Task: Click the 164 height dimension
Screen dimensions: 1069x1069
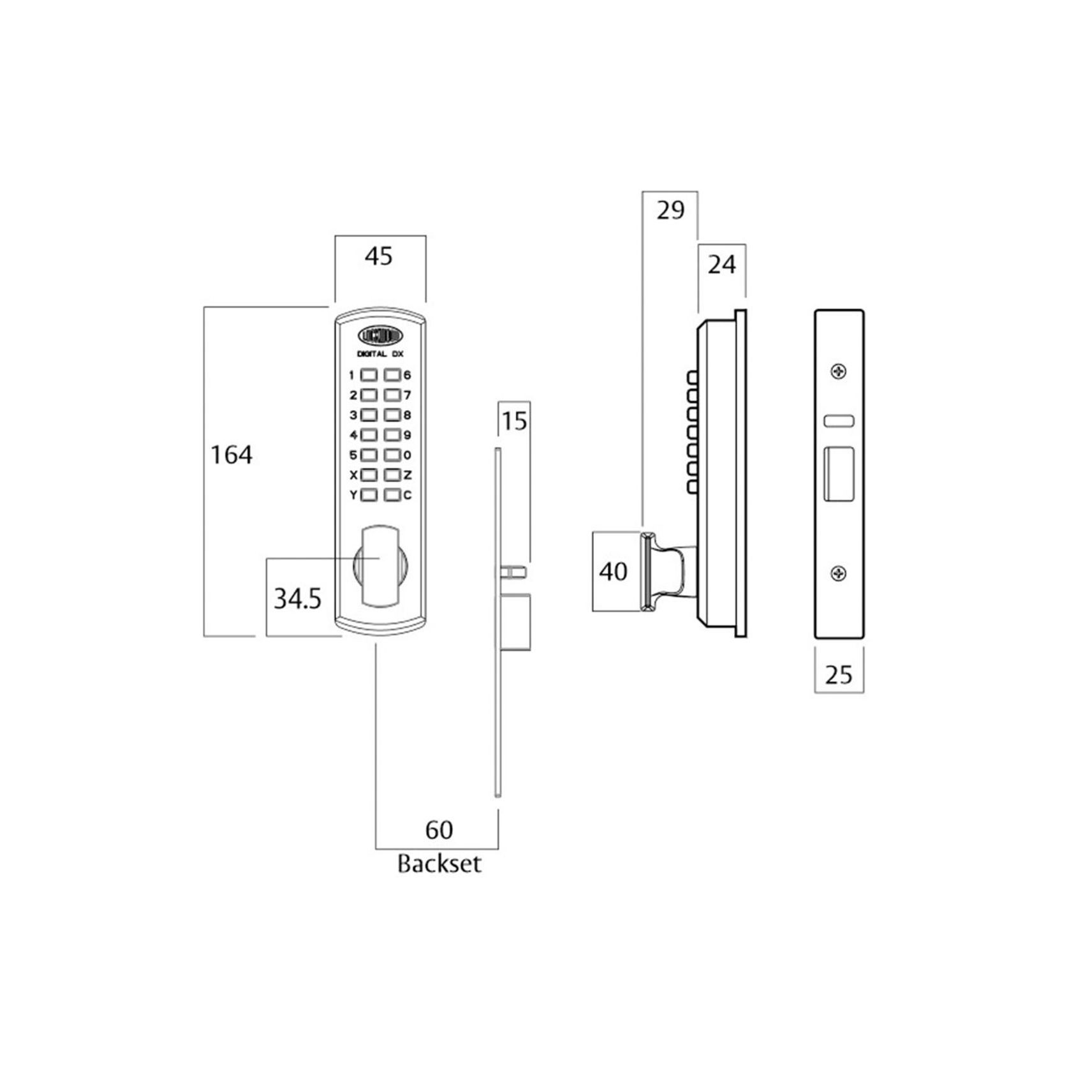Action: coord(232,455)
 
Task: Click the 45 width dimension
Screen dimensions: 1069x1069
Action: coord(378,256)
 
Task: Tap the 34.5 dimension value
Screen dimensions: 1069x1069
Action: coord(297,599)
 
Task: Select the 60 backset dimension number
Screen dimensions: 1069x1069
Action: coord(439,830)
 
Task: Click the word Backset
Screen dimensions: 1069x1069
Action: coord(439,864)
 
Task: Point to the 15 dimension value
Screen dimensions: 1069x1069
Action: coord(514,422)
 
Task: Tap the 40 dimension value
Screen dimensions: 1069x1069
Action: coord(614,571)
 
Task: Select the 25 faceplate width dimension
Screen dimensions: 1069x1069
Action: coord(839,674)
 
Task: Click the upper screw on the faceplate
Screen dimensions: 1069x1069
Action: coord(839,371)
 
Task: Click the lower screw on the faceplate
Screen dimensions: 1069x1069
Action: coord(839,574)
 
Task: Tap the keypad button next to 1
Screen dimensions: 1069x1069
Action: coord(369,375)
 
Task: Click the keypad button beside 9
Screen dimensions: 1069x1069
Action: coord(392,435)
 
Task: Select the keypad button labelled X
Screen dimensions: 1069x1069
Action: coord(369,475)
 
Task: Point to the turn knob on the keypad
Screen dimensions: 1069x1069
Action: coord(380,564)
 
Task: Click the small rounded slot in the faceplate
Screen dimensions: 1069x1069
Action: coord(839,421)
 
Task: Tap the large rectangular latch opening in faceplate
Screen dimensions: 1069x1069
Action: coord(839,474)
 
